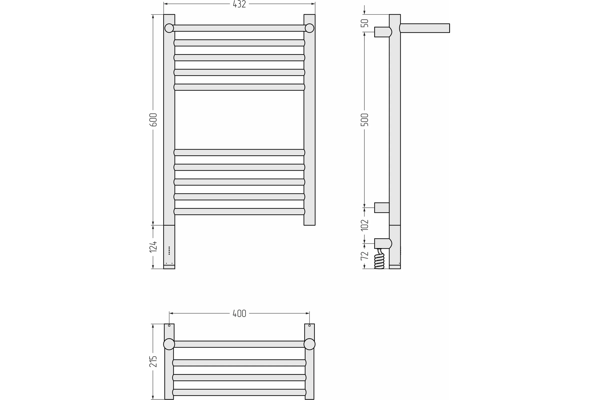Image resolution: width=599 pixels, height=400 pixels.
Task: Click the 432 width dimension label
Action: pyautogui.click(x=239, y=4)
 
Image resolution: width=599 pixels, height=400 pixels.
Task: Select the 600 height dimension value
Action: pyautogui.click(x=153, y=120)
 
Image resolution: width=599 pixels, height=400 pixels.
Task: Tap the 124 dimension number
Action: pyautogui.click(x=153, y=247)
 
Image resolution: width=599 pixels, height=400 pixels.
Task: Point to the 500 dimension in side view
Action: pyautogui.click(x=364, y=120)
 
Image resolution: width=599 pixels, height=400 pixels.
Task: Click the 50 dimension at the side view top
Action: pyautogui.click(x=364, y=23)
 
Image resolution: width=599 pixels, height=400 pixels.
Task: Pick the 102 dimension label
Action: pyautogui.click(x=364, y=225)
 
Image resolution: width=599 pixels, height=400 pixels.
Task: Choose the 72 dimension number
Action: pyautogui.click(x=364, y=255)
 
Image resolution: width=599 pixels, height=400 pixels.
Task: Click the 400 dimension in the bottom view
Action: pyautogui.click(x=239, y=313)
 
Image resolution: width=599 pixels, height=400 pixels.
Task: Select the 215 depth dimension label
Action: pyautogui.click(x=153, y=361)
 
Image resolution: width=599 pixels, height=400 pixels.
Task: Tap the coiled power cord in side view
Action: pyautogui.click(x=379, y=259)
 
